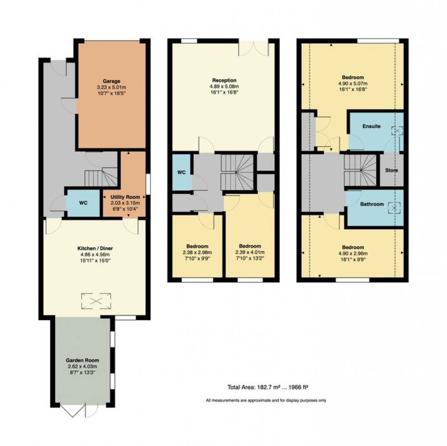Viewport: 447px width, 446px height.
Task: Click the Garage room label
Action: (x=111, y=81)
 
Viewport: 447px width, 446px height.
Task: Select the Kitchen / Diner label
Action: (x=95, y=249)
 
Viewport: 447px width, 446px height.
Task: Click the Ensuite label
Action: (x=371, y=126)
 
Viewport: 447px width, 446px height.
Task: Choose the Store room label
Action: (x=391, y=171)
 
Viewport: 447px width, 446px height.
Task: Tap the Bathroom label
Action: (x=371, y=204)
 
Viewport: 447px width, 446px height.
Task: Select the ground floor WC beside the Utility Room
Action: (x=83, y=203)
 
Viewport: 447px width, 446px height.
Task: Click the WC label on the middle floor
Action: (x=182, y=173)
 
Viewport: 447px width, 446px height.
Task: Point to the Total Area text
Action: (x=268, y=388)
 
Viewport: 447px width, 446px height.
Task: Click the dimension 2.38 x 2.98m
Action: (x=198, y=252)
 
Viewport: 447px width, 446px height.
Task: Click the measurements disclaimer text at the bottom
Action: (x=266, y=400)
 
